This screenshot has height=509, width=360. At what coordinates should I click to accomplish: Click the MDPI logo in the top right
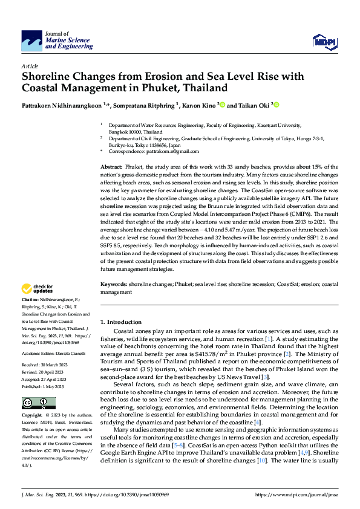[x=323, y=41]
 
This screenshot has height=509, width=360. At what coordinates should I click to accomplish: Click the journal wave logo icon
[x=32, y=41]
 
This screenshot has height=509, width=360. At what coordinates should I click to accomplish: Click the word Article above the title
[x=29, y=67]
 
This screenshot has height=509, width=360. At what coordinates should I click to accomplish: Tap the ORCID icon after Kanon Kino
[x=222, y=105]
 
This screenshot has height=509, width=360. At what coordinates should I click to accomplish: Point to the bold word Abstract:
[x=112, y=166]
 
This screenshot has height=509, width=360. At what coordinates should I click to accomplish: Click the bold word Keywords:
[x=113, y=284]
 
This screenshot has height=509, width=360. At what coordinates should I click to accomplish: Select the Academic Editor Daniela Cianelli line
[x=53, y=353]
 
